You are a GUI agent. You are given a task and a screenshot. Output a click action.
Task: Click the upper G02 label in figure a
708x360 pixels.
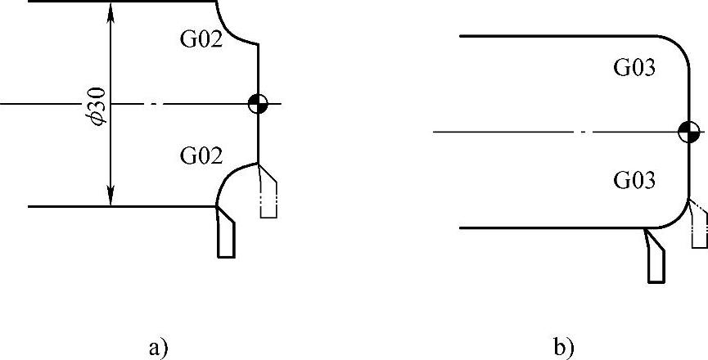point(201,40)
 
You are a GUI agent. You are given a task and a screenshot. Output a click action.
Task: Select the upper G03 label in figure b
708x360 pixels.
point(635,68)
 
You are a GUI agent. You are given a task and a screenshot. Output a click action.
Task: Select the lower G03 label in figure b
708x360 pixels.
point(635,179)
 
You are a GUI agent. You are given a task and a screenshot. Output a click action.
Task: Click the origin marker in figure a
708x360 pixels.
point(258,104)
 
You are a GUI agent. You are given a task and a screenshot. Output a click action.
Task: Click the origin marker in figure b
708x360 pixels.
point(688,131)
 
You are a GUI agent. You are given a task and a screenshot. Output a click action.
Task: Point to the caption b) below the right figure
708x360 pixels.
point(564,347)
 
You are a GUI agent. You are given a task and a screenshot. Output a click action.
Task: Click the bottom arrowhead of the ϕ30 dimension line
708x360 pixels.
point(111,199)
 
